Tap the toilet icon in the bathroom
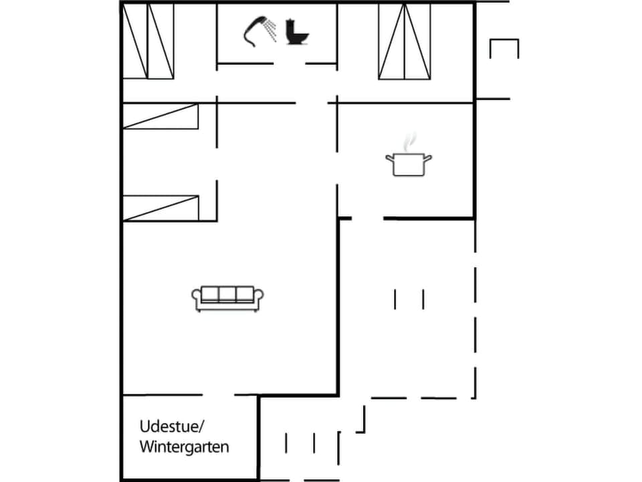pos(296,32)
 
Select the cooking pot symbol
pos(408,164)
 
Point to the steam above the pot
pos(410,141)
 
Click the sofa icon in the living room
pos(228,299)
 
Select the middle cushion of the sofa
pos(228,293)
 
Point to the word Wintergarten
pos(184,447)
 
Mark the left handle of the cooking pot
pos(389,158)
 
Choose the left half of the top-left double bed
pos(134,41)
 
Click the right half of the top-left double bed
pos(160,41)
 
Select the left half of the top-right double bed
pos(391,41)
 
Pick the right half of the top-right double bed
pos(417,41)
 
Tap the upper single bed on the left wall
pos(160,116)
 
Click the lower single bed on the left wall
pos(160,208)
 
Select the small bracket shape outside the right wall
pos(504,48)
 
